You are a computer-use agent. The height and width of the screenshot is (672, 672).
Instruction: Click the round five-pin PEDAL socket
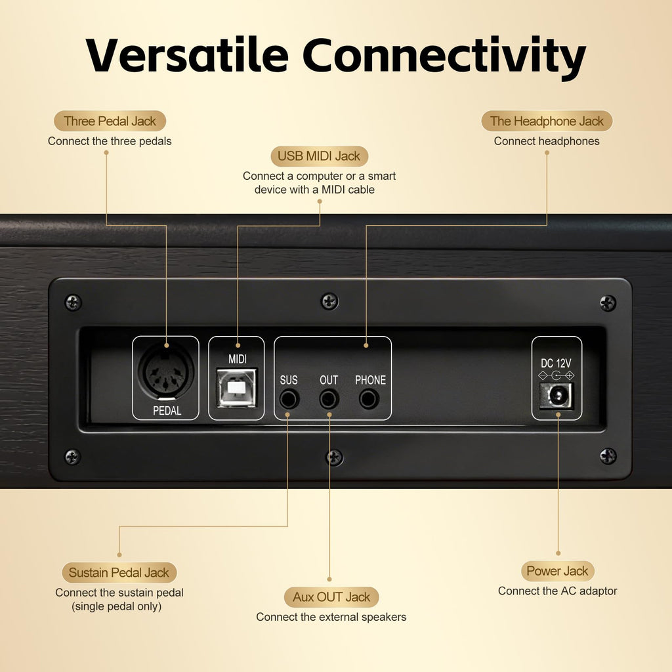(166, 372)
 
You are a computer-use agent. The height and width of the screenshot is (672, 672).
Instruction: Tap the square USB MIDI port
(236, 387)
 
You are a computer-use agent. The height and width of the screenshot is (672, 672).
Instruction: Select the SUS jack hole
(289, 400)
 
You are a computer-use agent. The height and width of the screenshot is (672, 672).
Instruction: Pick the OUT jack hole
(329, 400)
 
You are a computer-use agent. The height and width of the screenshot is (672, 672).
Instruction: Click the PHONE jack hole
(369, 400)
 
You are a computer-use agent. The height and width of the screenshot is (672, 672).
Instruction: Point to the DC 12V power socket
(556, 396)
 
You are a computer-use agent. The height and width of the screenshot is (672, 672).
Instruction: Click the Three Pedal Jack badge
(110, 121)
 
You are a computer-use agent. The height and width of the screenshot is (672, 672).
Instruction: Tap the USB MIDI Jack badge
(320, 156)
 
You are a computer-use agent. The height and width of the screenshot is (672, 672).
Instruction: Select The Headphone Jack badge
(547, 121)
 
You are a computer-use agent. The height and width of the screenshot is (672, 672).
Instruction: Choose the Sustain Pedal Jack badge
(119, 572)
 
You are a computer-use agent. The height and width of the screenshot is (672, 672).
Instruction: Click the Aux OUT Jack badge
(331, 597)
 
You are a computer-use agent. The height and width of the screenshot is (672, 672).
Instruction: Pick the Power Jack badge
(558, 571)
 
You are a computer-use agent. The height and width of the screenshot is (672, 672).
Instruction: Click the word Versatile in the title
(187, 55)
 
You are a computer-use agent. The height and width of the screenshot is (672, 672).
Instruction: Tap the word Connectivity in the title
(444, 57)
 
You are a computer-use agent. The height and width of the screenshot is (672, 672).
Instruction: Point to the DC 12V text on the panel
(556, 364)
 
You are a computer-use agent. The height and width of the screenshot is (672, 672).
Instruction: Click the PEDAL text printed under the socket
(167, 411)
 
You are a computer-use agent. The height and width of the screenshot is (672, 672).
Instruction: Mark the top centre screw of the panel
(329, 301)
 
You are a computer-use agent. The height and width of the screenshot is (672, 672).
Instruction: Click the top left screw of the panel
(73, 303)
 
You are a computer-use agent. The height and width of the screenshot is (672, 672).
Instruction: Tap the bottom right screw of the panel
(608, 456)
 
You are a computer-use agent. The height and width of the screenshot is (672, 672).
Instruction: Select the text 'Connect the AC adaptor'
(557, 591)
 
